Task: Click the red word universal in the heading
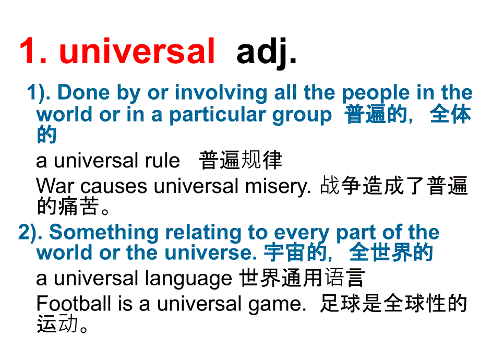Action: [137, 52]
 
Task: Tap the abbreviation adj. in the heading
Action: [267, 52]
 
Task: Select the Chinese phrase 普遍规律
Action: [241, 161]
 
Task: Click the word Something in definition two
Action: [102, 232]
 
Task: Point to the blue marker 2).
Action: [31, 232]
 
